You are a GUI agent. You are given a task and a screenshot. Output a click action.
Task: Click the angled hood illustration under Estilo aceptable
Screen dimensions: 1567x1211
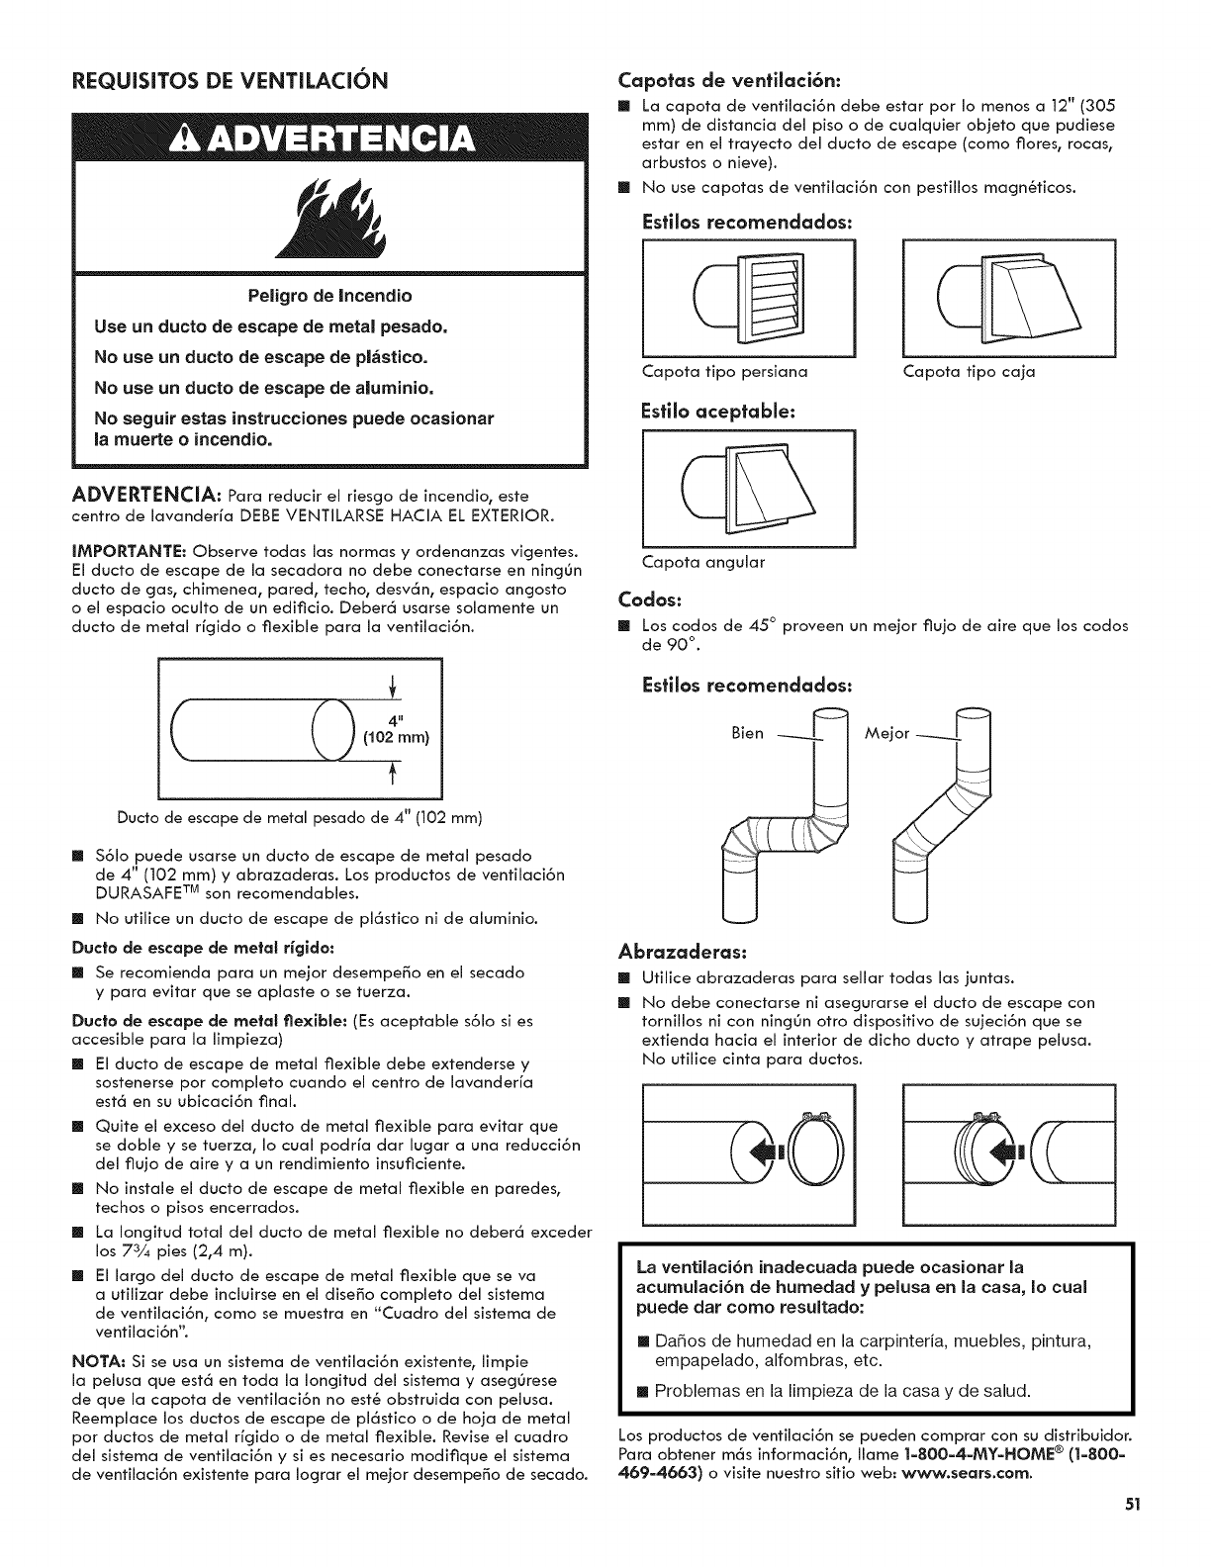pos(749,490)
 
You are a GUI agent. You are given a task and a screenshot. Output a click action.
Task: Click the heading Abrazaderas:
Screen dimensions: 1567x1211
pos(674,951)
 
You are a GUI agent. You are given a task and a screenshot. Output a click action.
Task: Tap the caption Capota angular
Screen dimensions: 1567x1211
pos(703,563)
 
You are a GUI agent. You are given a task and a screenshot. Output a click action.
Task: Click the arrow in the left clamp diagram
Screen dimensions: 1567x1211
pos(769,1153)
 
